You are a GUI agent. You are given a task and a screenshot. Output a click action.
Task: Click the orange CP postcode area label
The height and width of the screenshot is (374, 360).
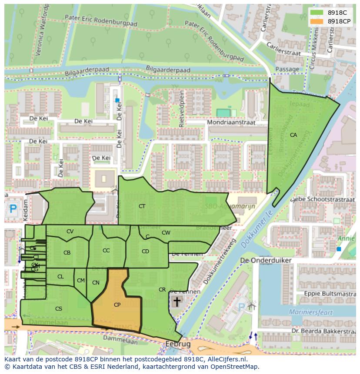point(117,305)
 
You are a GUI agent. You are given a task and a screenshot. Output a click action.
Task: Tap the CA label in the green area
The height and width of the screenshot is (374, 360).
point(293,135)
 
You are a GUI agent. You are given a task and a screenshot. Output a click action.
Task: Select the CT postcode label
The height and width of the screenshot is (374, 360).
point(142,206)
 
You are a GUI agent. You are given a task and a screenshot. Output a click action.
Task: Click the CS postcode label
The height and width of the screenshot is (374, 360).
point(59,309)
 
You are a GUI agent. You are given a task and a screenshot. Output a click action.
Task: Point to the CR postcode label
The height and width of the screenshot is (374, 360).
point(162,290)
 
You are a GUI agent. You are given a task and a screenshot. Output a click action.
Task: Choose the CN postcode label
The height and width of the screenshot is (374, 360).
point(96,283)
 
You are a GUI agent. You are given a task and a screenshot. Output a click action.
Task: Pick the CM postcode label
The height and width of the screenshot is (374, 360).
point(80,281)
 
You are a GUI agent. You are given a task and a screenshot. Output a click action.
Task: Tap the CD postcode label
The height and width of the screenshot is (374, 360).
point(145,252)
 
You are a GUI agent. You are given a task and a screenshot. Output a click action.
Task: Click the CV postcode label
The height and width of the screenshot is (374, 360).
point(70,232)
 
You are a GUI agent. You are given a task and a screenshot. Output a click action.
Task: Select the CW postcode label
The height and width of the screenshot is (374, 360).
point(166,233)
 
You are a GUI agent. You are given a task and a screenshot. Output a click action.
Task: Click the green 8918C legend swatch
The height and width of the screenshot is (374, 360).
point(317,13)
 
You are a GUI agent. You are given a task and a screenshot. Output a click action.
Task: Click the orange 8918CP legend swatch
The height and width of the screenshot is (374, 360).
point(317,21)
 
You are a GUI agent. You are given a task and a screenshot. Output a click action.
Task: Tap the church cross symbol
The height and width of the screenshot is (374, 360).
point(177,301)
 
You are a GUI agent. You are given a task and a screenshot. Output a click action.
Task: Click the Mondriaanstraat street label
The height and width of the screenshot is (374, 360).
point(232,123)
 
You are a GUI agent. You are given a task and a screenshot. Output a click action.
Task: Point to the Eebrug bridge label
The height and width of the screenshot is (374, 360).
point(178,344)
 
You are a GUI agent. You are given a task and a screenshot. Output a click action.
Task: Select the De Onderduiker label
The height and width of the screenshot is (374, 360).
point(266,260)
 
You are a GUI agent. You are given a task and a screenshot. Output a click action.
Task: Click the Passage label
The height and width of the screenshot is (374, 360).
point(287,70)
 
